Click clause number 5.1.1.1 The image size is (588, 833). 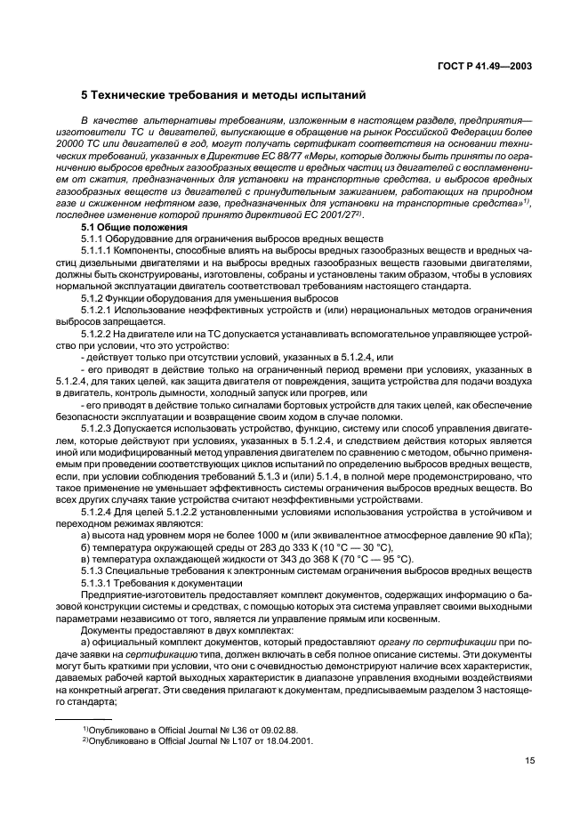click(x=98, y=250)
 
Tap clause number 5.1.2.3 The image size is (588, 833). click(x=98, y=426)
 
